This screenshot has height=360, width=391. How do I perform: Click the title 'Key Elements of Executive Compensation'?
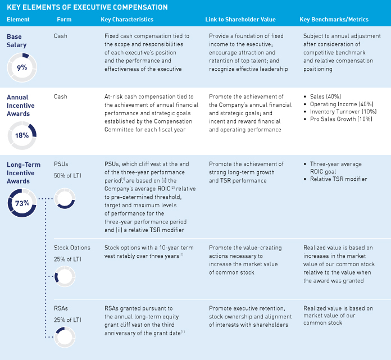tap(87, 7)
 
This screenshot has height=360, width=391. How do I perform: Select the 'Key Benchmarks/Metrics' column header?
tap(334, 20)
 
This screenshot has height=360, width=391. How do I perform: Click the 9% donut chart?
tap(21, 67)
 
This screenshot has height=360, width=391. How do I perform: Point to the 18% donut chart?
tap(21, 134)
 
